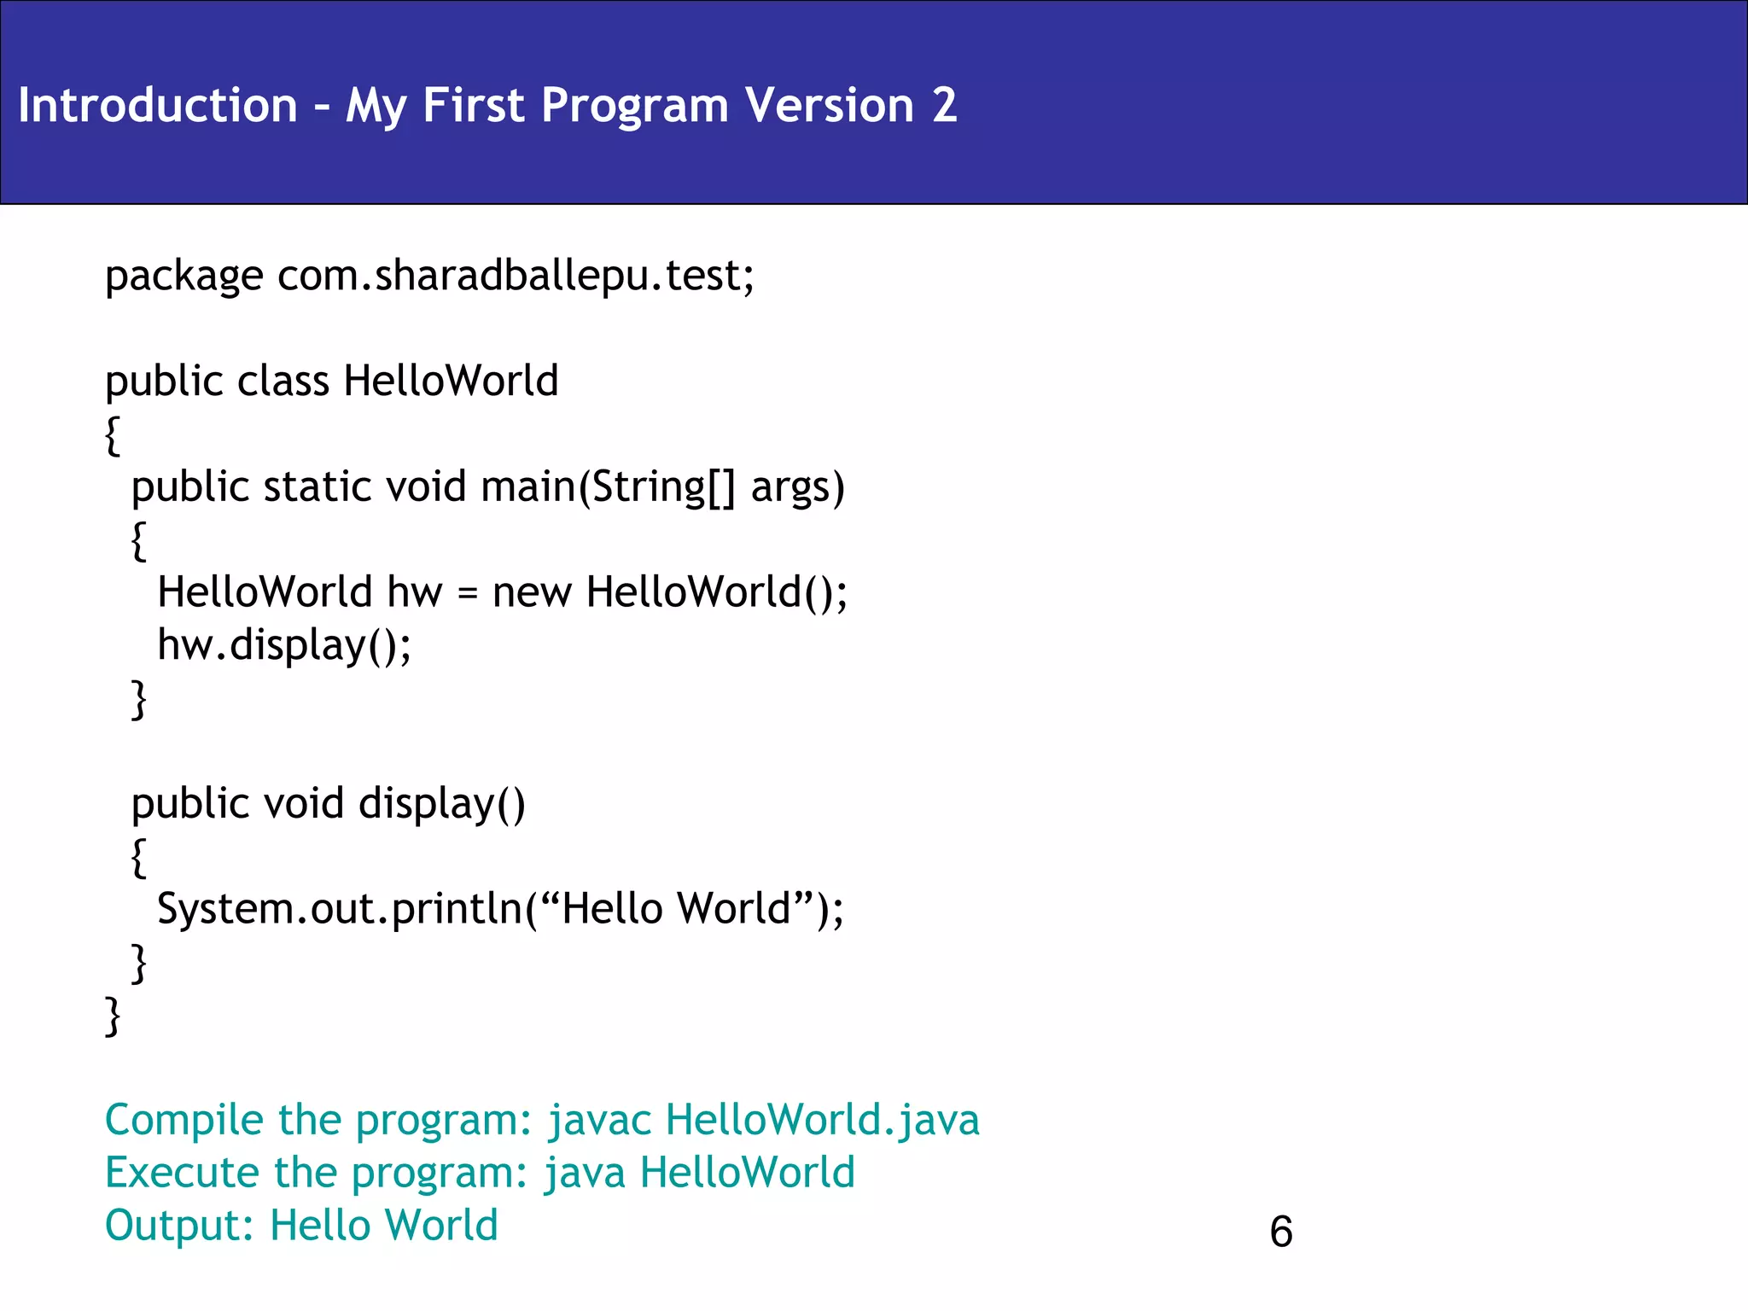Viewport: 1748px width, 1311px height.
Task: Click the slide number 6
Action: point(1281,1232)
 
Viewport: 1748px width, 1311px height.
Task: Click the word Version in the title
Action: point(829,105)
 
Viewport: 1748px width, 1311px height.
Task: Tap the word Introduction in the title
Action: point(158,105)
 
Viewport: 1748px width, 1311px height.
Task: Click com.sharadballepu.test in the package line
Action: point(515,276)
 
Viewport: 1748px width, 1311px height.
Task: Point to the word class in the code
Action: point(283,381)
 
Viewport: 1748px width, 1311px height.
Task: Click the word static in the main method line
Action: point(317,487)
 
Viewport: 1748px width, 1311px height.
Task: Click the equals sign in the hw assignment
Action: point(467,593)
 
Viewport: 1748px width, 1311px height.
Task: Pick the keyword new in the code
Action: point(531,593)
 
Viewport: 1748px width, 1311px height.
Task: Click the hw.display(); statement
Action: point(283,645)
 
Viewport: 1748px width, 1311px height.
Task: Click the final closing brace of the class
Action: point(112,1016)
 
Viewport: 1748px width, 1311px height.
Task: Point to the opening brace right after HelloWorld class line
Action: point(112,435)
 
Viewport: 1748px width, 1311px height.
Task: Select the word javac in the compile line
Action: point(599,1121)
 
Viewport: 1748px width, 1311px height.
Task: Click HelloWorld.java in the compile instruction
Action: point(822,1121)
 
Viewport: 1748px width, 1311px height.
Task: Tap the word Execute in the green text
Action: point(180,1173)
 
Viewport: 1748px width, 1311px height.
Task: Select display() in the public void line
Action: point(441,804)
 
